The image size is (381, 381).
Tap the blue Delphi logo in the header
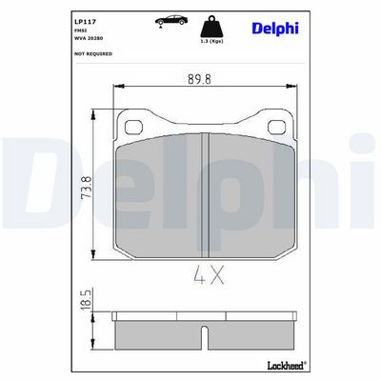[275, 29]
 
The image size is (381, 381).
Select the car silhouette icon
[171, 20]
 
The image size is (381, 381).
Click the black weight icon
[211, 27]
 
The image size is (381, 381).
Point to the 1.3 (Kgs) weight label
[211, 42]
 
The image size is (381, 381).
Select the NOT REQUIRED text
[93, 54]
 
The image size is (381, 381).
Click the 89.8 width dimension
[199, 79]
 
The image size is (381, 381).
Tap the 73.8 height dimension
[87, 187]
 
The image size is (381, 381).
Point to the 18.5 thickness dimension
[86, 299]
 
